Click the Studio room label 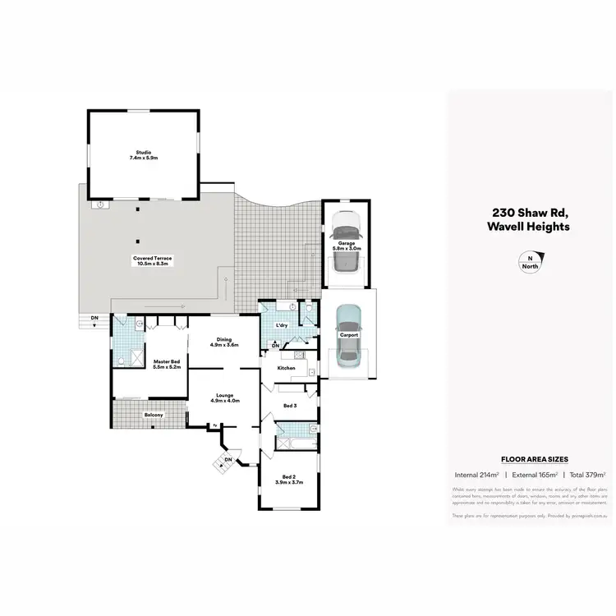pyautogui.click(x=142, y=152)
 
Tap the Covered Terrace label pyautogui.click(x=154, y=258)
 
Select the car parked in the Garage pyautogui.click(x=347, y=243)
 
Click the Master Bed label pyautogui.click(x=167, y=361)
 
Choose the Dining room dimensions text pyautogui.click(x=224, y=345)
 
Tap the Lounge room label pyautogui.click(x=224, y=395)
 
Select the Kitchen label pyautogui.click(x=286, y=368)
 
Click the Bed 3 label pyautogui.click(x=289, y=406)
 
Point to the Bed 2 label pyautogui.click(x=288, y=476)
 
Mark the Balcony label pyautogui.click(x=154, y=415)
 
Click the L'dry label pyautogui.click(x=282, y=325)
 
